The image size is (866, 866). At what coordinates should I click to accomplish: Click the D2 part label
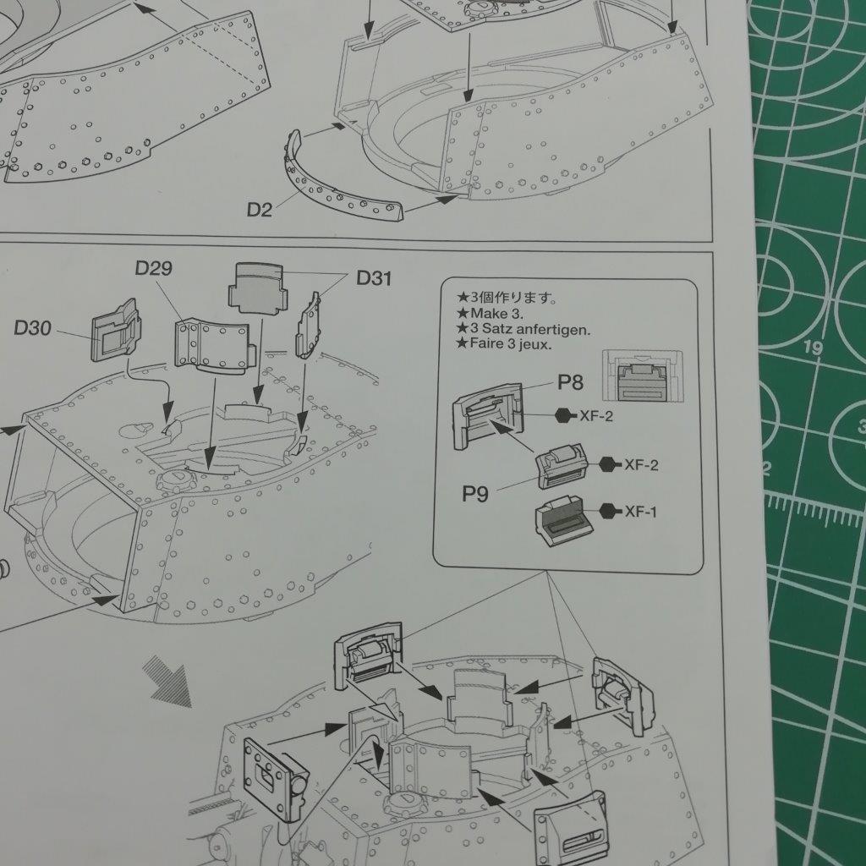[259, 210]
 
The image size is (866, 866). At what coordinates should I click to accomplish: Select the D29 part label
[154, 268]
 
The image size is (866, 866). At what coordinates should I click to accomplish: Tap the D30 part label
[33, 328]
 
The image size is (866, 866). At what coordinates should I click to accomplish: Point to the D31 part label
[374, 278]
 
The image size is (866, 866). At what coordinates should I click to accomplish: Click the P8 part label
[570, 382]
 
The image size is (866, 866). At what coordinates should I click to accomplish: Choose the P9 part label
[475, 494]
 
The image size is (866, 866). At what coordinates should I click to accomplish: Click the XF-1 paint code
[641, 512]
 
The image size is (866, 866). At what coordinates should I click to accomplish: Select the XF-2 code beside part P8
[596, 416]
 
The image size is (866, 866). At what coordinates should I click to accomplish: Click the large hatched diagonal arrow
[167, 681]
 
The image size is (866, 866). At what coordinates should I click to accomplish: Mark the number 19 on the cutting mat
[813, 348]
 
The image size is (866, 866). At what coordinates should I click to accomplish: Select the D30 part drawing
[116, 331]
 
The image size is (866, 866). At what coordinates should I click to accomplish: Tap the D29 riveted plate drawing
[214, 346]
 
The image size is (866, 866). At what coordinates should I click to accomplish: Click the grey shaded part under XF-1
[563, 520]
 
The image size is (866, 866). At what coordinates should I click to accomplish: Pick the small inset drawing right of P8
[643, 375]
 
